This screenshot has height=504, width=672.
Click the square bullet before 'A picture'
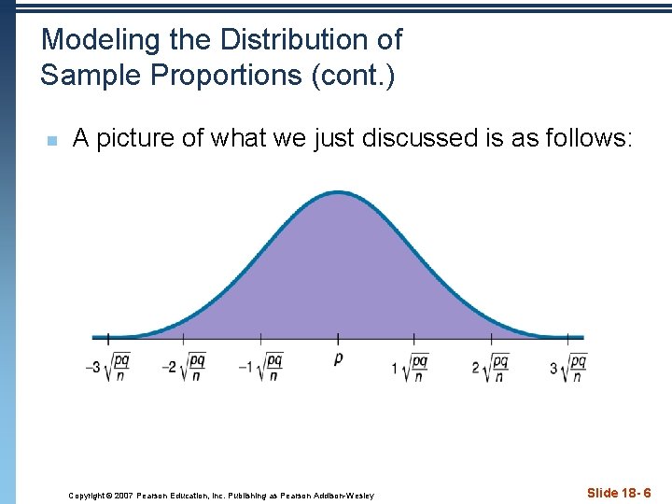click(x=52, y=141)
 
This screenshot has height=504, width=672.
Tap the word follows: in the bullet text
click(x=583, y=139)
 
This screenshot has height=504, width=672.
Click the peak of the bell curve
click(x=338, y=193)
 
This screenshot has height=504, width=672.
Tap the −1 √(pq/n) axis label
click(x=260, y=367)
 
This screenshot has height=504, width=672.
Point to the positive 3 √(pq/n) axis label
click(x=568, y=367)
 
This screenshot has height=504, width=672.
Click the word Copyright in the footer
click(x=87, y=495)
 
